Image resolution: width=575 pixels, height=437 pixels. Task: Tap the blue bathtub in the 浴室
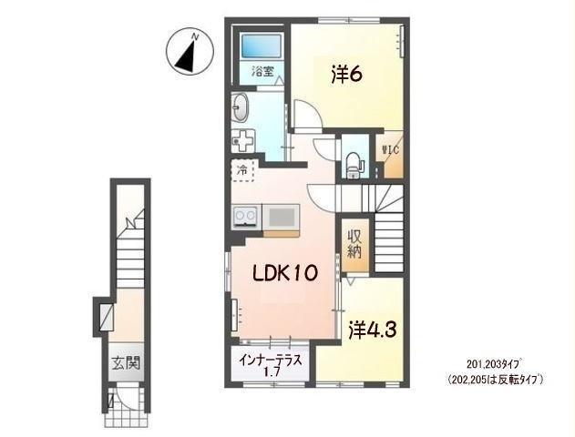(262, 46)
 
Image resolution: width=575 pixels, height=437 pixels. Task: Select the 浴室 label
(262, 71)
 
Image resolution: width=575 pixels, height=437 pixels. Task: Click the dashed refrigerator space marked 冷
(242, 170)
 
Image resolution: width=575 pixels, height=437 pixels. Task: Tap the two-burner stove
(246, 217)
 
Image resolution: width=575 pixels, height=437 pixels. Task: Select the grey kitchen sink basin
(282, 217)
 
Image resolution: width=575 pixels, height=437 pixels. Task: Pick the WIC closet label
(390, 150)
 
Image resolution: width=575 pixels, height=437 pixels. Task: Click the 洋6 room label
(347, 75)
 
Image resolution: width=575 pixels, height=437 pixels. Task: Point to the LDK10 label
(283, 273)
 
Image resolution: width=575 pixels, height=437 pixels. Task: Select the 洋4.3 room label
(372, 330)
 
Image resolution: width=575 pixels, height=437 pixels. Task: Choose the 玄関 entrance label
(126, 363)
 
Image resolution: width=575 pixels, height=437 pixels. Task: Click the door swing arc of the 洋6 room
(308, 114)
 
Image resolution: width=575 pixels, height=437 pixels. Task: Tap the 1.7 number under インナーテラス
(272, 372)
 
